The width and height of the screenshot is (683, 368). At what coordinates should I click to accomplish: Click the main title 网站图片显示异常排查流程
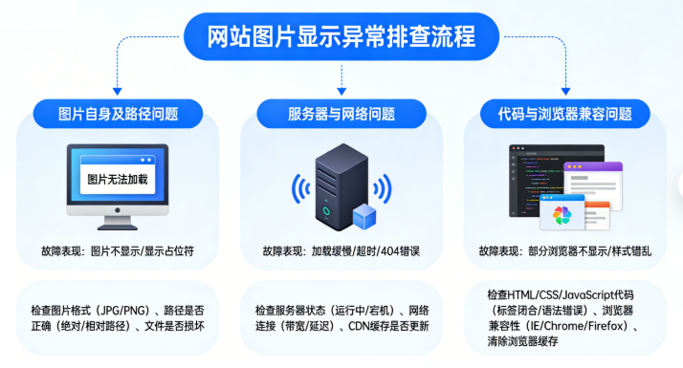[341, 37]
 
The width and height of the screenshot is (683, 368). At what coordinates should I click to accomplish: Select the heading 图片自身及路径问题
[118, 115]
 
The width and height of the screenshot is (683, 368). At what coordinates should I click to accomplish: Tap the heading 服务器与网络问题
[341, 115]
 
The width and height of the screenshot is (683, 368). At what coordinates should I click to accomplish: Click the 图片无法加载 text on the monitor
[117, 178]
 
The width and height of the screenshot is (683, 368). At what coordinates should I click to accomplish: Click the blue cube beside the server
[365, 217]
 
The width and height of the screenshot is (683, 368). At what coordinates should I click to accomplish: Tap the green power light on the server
[325, 211]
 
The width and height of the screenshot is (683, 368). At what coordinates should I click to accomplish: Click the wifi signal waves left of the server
[298, 187]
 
